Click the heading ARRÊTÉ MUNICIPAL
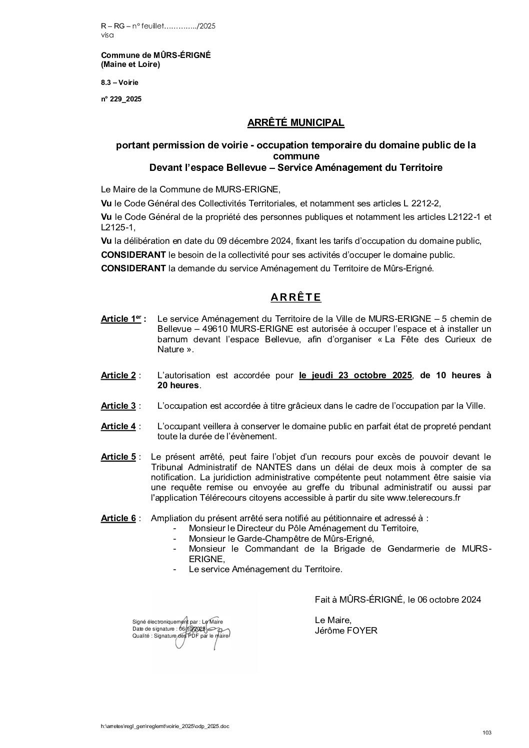(296, 122)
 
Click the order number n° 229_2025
(121, 99)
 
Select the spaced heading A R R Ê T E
(296, 297)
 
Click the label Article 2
(118, 375)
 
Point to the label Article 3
(118, 406)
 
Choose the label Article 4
(118, 426)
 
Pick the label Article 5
(118, 457)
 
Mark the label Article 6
(118, 518)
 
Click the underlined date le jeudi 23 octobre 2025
(355, 375)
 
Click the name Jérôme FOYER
(346, 631)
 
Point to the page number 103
(487, 733)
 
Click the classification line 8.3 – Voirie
(119, 82)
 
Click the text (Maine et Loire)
(130, 64)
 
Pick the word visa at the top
(107, 35)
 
